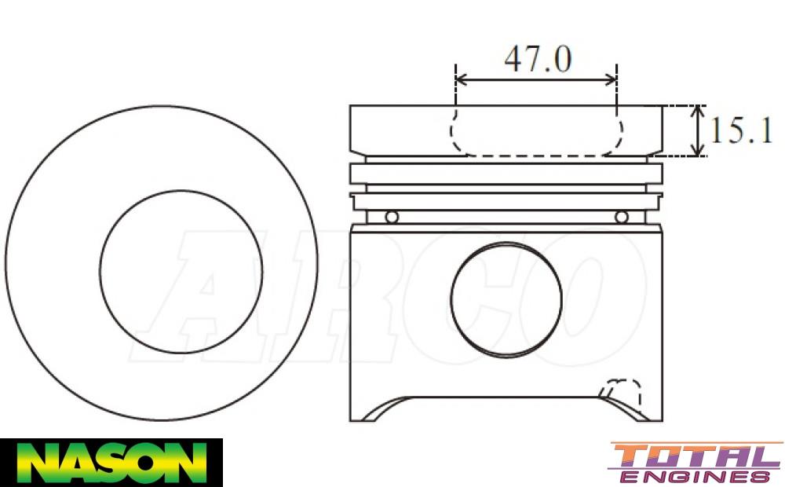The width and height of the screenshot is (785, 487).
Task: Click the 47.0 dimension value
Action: pos(537,59)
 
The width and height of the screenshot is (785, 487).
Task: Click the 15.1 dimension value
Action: pos(741,130)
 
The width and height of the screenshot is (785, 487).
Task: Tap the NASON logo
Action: pos(111,463)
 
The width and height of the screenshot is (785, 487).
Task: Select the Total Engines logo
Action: pos(696,463)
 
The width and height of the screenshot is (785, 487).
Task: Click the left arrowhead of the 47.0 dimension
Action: pos(461,79)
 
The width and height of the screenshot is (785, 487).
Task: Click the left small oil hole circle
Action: pos(392,217)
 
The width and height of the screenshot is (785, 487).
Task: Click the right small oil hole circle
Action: pos(621,217)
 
